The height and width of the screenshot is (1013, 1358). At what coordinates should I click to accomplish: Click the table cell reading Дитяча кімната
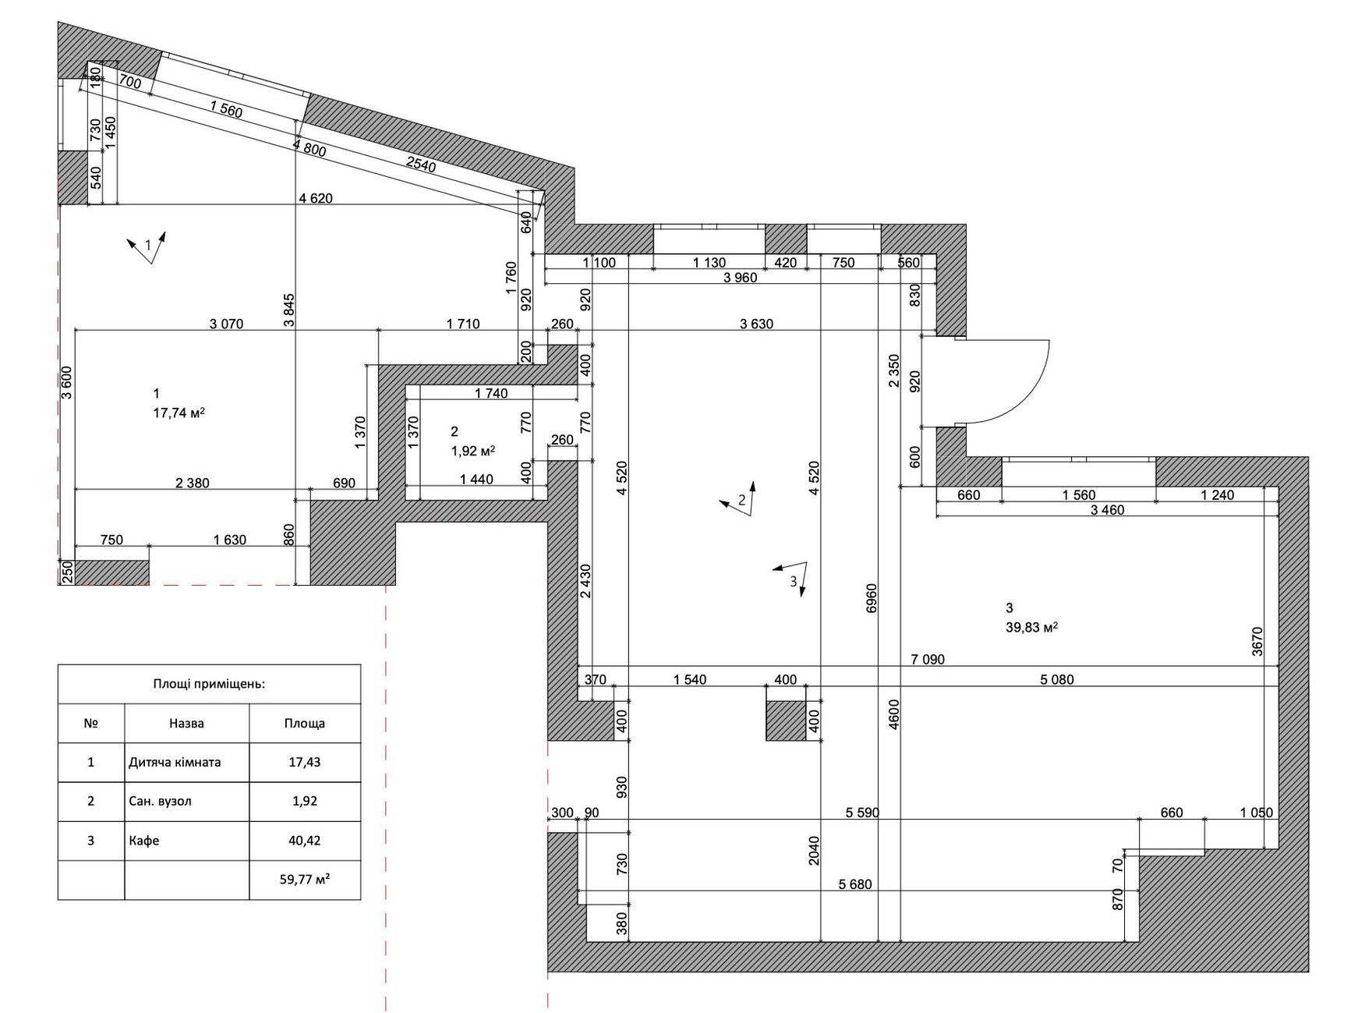coord(175,762)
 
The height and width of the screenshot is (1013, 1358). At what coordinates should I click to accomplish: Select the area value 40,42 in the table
coord(304,841)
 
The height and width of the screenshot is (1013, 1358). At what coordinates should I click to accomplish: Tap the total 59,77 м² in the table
coord(304,880)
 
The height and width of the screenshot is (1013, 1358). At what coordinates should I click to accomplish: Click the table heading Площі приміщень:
coord(209,684)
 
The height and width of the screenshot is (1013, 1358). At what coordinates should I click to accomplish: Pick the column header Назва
coord(186,723)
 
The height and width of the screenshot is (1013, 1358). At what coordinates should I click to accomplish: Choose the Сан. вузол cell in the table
coord(160,801)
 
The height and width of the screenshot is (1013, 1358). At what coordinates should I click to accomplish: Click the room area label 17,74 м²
coord(179,413)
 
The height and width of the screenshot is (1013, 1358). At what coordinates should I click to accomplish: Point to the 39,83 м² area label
coord(1031,627)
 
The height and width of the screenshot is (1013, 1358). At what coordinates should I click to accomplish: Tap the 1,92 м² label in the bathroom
coord(473,450)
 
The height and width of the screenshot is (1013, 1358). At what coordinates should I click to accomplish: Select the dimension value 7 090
coord(928,660)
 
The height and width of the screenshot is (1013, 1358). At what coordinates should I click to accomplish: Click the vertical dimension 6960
coord(872,597)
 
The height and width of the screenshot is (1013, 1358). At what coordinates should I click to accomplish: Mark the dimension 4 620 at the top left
coord(316,198)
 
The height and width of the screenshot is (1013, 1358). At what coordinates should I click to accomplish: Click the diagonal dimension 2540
coord(421,164)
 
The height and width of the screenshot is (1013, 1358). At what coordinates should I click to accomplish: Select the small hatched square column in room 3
coord(786,721)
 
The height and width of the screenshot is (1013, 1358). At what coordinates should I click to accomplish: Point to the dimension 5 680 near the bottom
coord(855,884)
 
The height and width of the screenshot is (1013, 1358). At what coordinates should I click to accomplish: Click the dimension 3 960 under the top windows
coord(740,277)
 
